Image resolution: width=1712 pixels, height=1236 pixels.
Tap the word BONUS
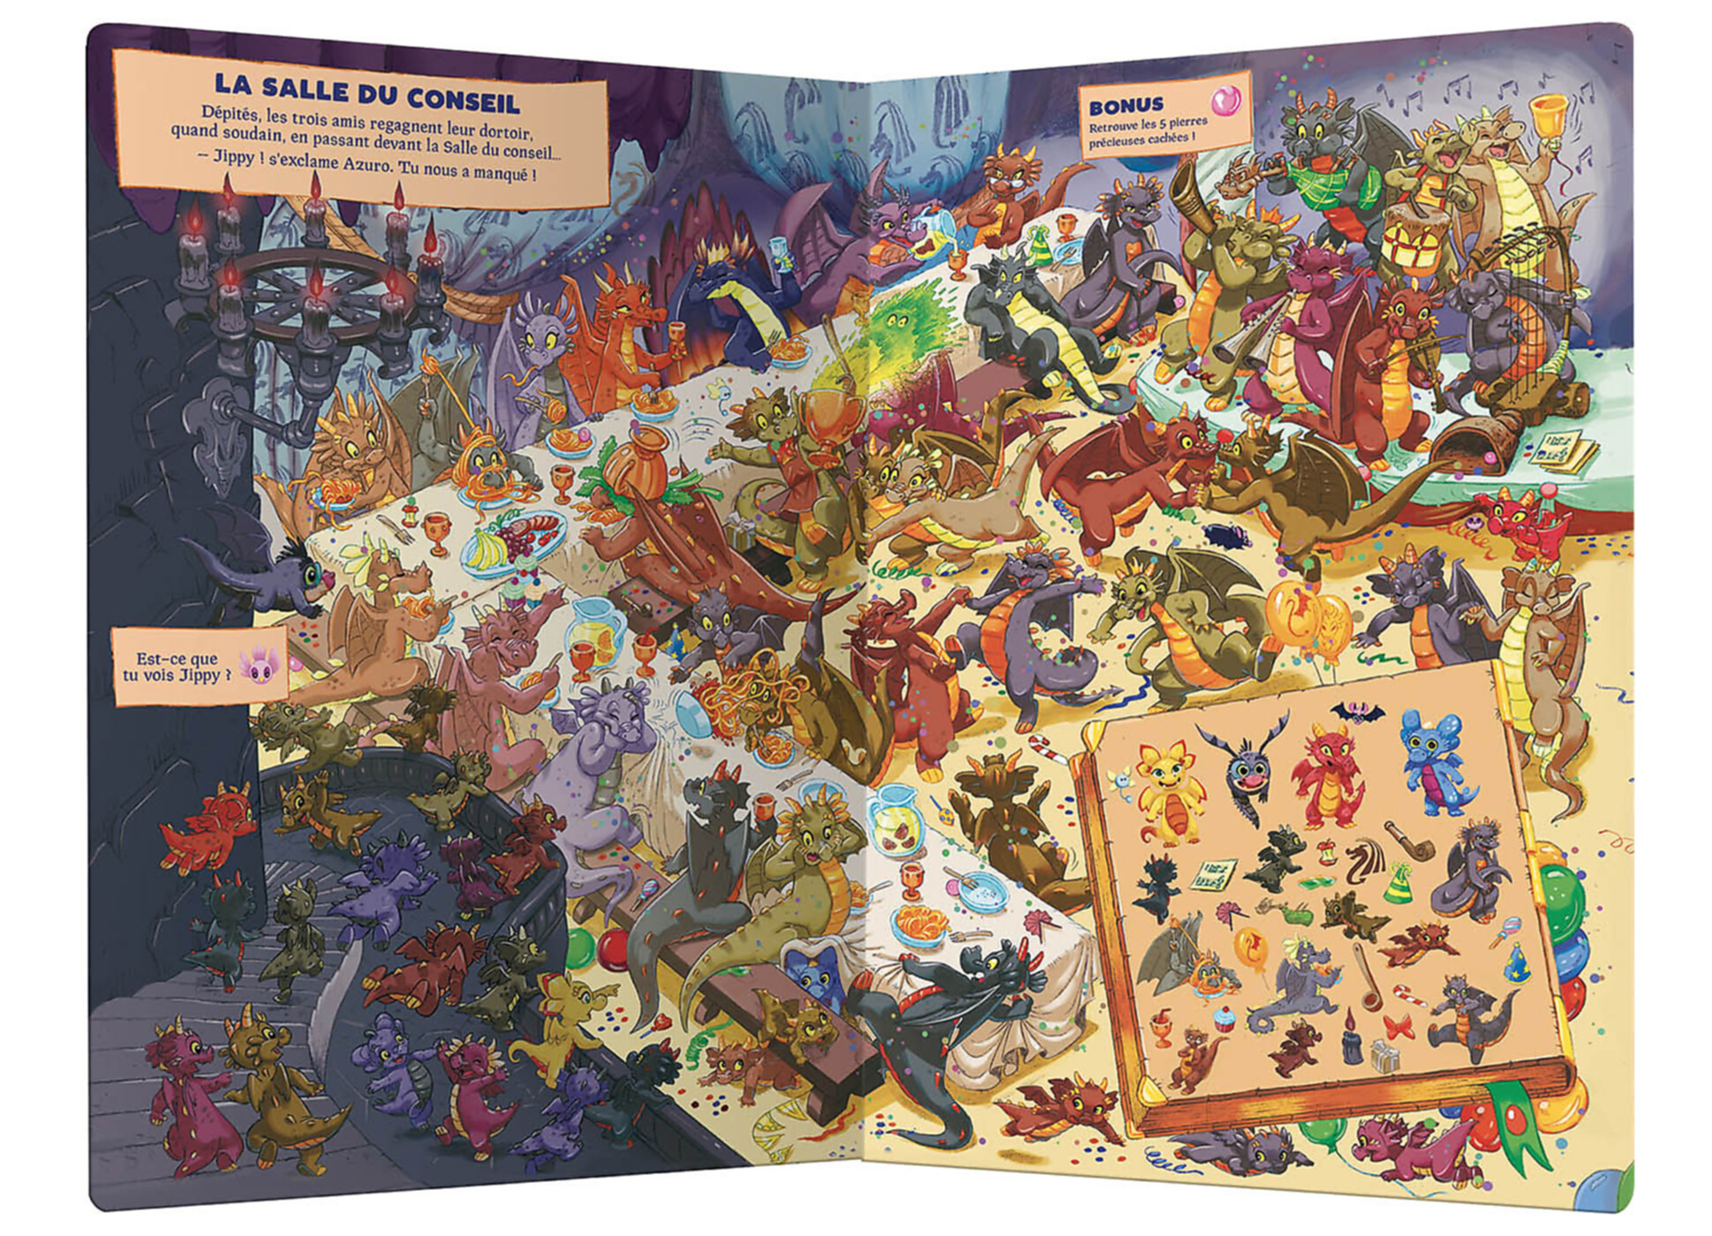[x=1126, y=107]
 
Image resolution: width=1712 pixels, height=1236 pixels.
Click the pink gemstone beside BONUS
[x=1224, y=102]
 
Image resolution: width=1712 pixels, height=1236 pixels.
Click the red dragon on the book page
[x=1329, y=774]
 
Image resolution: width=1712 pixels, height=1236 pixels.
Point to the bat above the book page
[x=1355, y=712]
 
